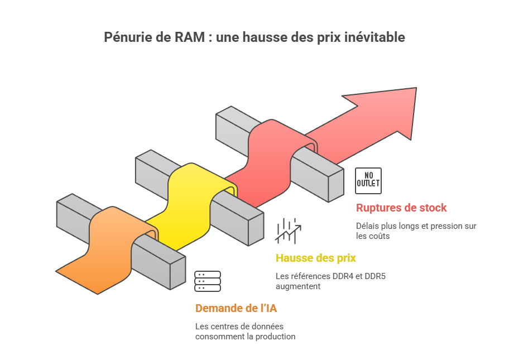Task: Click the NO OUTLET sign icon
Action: [368, 180]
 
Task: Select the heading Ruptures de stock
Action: [401, 208]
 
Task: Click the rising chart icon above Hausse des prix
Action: [287, 231]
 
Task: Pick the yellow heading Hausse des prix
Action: [316, 258]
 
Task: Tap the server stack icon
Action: [208, 281]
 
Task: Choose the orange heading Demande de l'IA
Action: [236, 308]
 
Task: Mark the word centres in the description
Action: [223, 327]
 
